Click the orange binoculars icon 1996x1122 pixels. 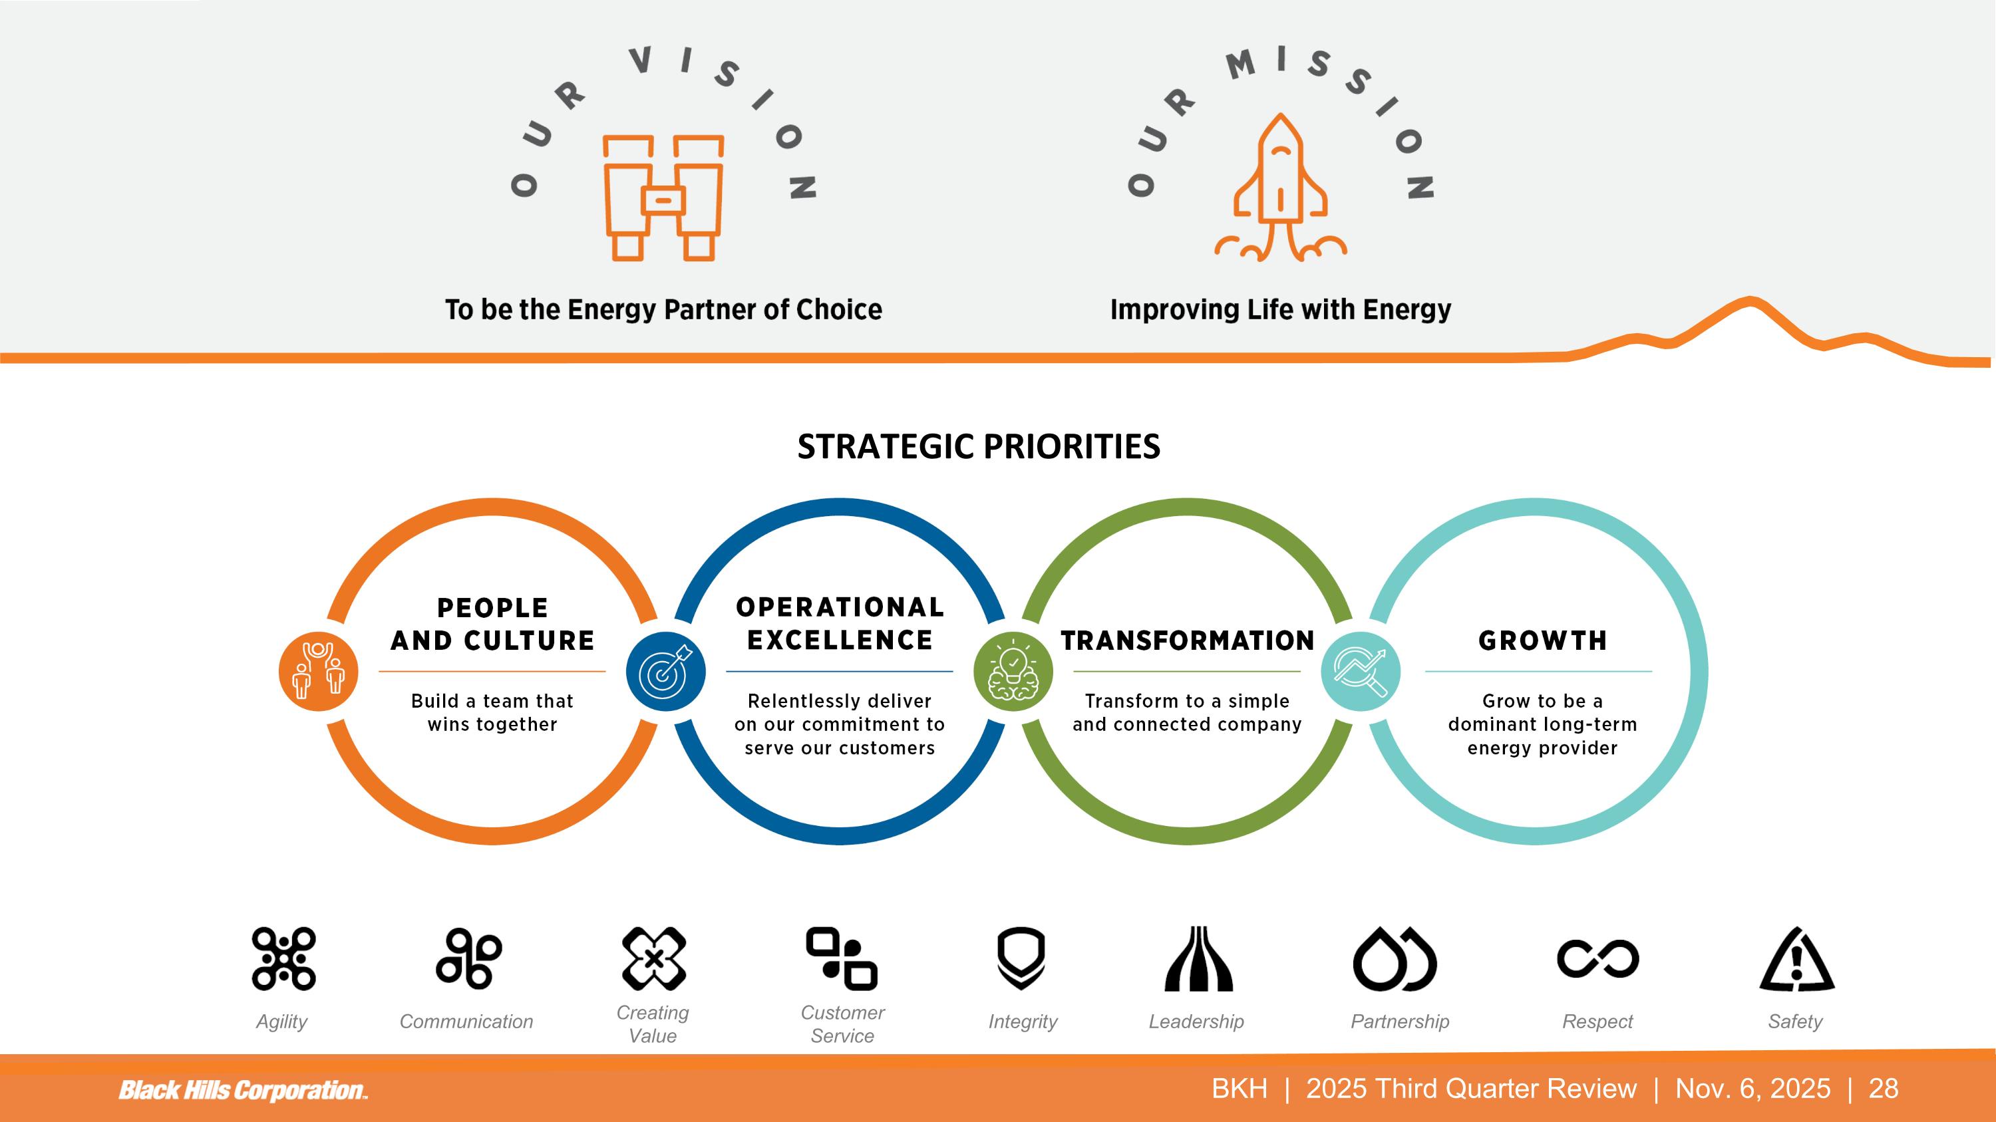pos(663,198)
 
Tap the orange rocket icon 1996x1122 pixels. pos(1280,189)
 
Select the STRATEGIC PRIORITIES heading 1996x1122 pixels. pos(979,447)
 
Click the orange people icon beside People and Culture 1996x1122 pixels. pos(317,671)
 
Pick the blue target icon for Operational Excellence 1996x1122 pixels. pos(665,671)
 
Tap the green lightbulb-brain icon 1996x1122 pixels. pos(1013,671)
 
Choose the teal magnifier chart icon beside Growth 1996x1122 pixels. pos(1361,671)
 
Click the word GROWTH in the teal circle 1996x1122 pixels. pos(1542,640)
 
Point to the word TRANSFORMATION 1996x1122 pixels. pos(1187,640)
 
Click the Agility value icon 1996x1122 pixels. pos(283,958)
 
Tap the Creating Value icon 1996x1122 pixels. pos(654,958)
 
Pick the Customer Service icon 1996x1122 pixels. pos(842,958)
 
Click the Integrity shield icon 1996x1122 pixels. pos(1021,958)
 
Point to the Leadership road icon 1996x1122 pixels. pos(1198,958)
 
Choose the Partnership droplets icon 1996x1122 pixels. pos(1395,958)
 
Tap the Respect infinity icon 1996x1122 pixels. pos(1597,958)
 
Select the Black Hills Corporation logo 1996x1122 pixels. pos(243,1090)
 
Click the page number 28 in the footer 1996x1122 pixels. pos(1884,1089)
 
